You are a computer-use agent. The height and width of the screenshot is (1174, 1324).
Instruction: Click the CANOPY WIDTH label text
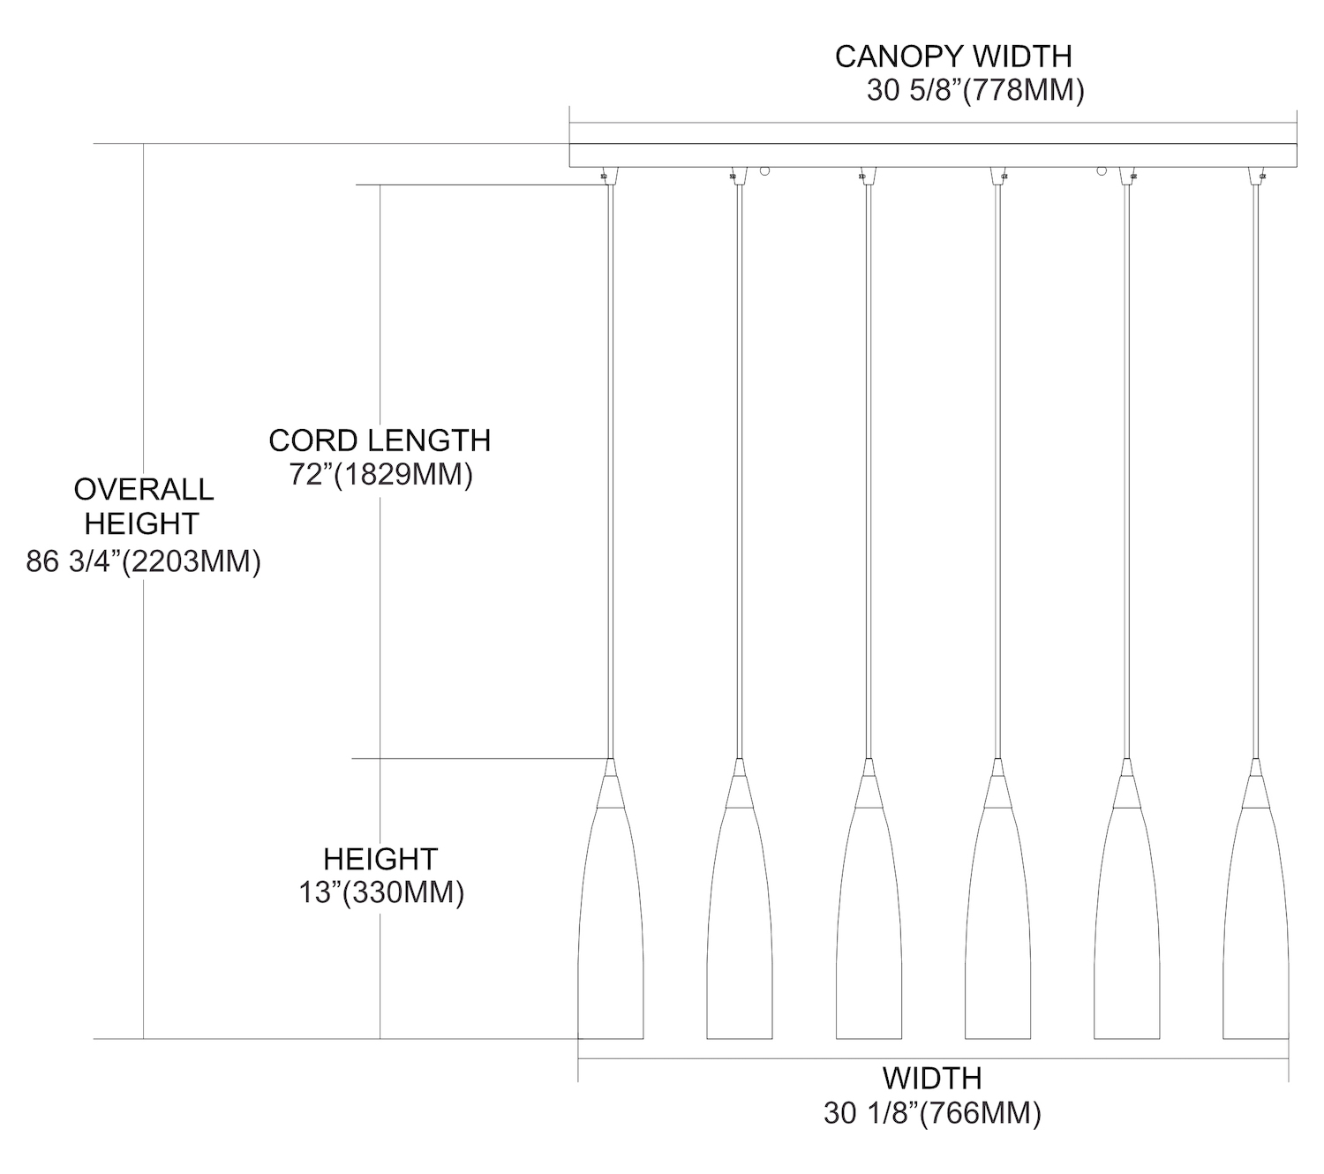[953, 56]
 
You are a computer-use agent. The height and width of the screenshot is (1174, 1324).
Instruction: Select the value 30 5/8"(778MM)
[974, 91]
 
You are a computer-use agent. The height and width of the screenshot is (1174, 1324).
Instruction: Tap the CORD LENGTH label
[380, 440]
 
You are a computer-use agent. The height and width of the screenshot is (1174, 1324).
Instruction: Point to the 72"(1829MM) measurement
[380, 475]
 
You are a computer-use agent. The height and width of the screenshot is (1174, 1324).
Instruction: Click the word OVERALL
[143, 489]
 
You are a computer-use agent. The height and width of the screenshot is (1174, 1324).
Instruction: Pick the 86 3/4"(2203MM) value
[143, 561]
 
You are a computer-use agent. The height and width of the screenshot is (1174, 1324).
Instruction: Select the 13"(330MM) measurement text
[380, 893]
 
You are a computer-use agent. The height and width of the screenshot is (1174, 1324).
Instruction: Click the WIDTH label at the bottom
[932, 1078]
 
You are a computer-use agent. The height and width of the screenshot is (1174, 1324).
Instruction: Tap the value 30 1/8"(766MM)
[932, 1114]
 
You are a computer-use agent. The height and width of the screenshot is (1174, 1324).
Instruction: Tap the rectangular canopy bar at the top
[932, 155]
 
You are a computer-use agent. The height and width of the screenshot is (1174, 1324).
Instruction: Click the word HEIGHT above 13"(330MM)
[380, 859]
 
